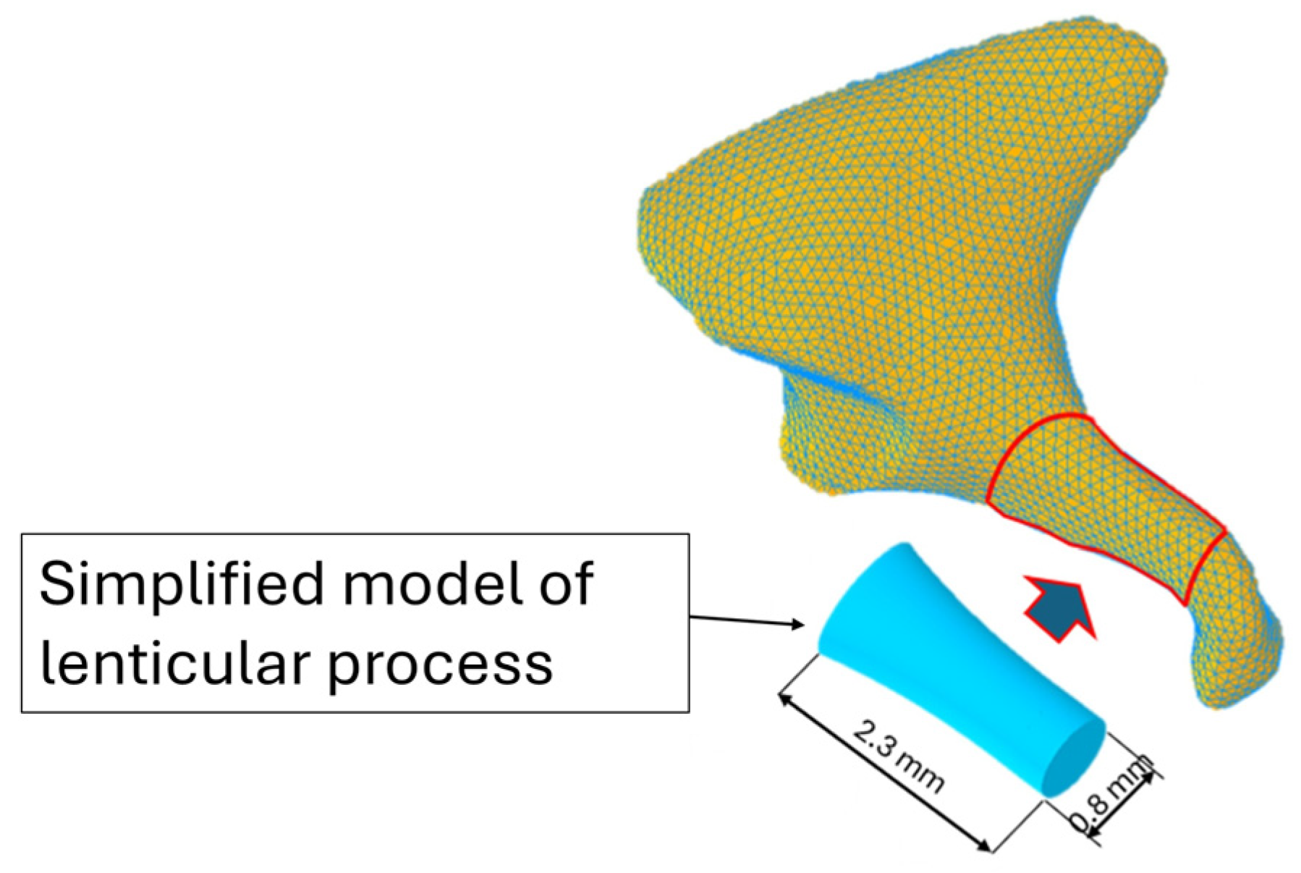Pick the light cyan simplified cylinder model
click(955, 673)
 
